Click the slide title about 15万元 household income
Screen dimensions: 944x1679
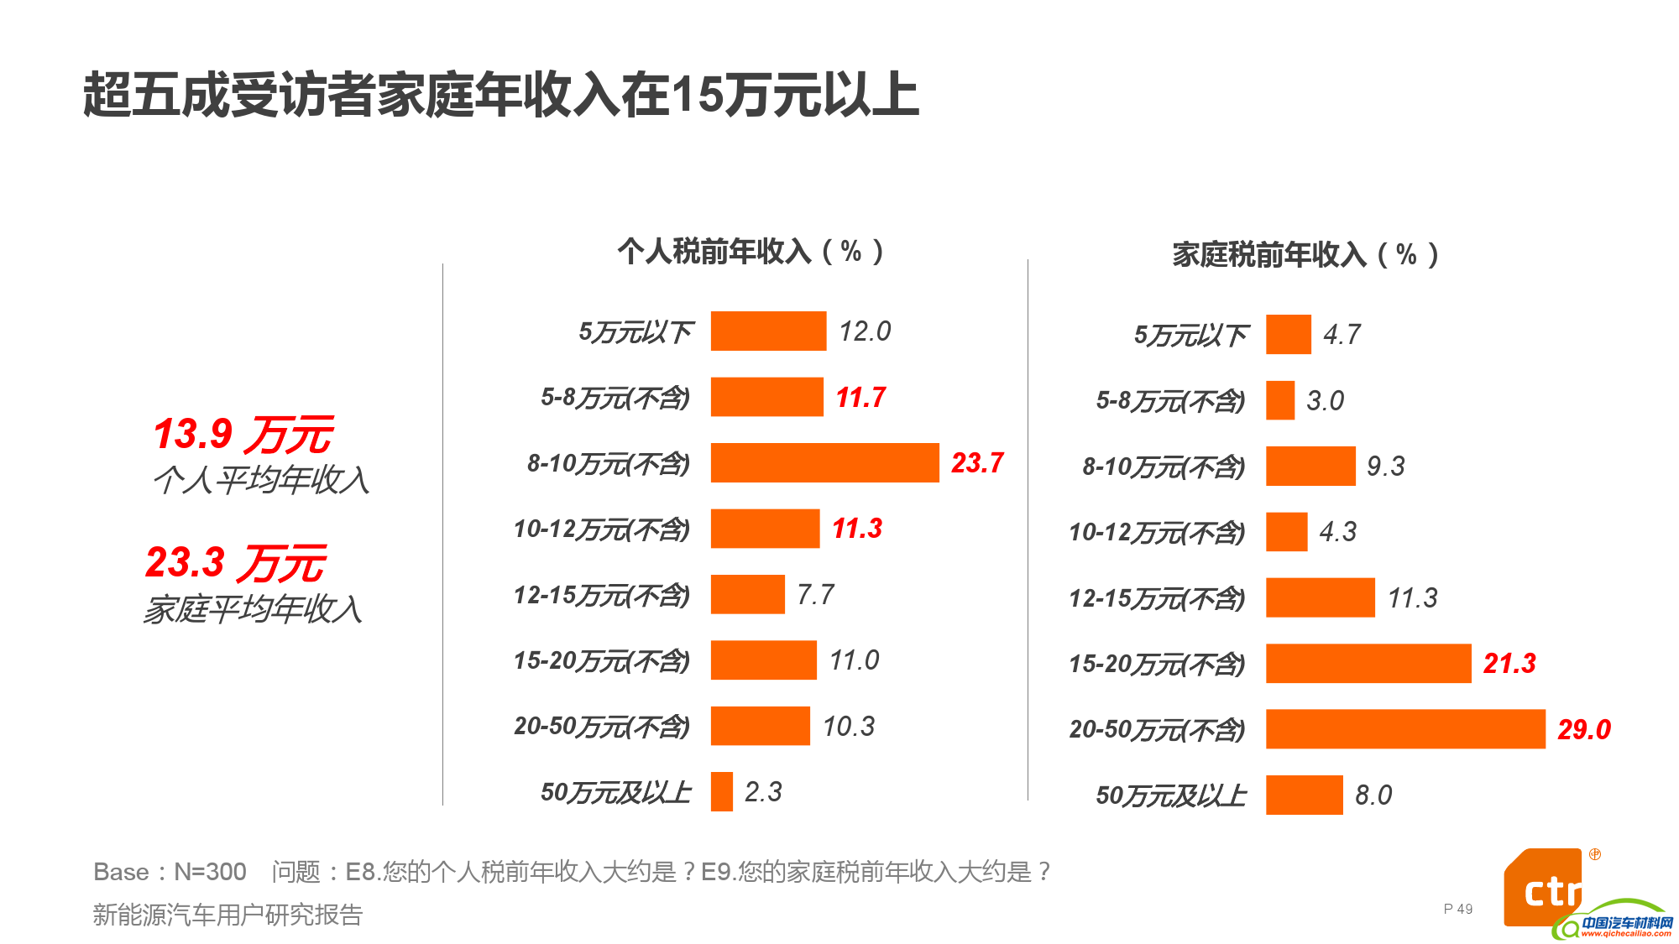click(501, 94)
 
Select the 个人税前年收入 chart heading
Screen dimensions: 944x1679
click(750, 251)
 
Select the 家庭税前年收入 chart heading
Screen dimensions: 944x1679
click(1305, 254)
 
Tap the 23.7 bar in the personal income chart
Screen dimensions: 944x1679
click(824, 462)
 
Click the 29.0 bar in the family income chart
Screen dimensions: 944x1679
click(1404, 728)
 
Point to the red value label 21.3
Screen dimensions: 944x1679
click(1509, 664)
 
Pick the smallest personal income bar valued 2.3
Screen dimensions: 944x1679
click(721, 791)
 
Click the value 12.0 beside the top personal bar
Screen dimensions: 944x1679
click(865, 331)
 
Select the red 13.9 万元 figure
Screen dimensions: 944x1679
click(243, 435)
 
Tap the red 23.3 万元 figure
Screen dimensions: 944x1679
click(236, 563)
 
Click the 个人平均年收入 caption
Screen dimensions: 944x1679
click(261, 480)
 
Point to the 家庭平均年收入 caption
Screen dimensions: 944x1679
click(253, 609)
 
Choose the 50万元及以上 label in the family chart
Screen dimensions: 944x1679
click(1171, 795)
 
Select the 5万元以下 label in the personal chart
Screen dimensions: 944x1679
click(636, 332)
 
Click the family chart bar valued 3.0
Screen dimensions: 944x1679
click(1279, 400)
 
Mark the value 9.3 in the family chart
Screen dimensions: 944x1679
click(1385, 467)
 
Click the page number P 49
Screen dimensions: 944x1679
click(1457, 909)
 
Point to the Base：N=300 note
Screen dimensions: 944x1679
click(170, 872)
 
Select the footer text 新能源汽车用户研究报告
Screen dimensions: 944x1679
click(228, 915)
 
